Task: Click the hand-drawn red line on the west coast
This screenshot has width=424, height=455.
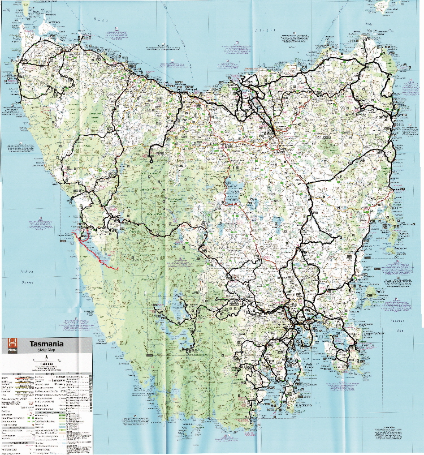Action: click(x=94, y=255)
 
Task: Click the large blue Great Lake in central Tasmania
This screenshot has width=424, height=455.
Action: click(x=232, y=192)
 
